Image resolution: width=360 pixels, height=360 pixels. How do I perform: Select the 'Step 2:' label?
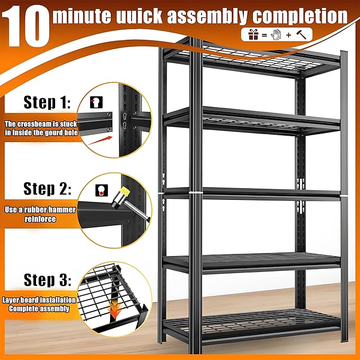pyautogui.click(x=48, y=188)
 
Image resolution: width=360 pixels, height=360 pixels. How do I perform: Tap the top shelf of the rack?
pyautogui.click(x=249, y=59)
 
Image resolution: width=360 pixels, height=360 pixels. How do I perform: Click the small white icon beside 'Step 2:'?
pyautogui.click(x=100, y=189)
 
